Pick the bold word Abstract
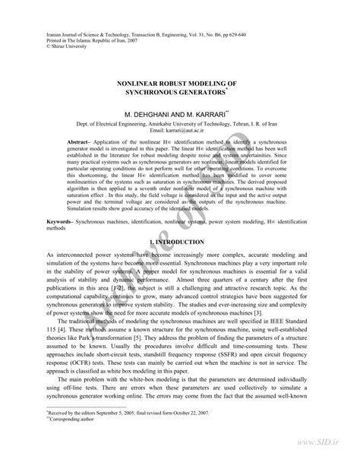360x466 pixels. [101, 142]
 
